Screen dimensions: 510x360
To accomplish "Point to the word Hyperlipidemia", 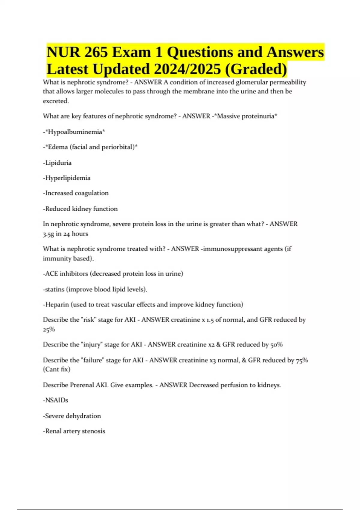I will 67,178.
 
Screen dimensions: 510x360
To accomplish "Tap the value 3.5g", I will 48,234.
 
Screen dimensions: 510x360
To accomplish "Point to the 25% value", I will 49,329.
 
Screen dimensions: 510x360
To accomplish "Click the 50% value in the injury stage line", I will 276,344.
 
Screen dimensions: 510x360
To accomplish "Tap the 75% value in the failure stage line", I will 302,360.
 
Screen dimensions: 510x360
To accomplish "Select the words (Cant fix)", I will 56,369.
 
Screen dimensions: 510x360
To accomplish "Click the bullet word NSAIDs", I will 56,400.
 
